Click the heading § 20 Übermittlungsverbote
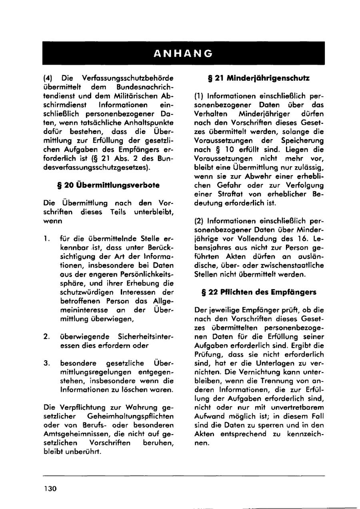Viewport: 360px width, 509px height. [109, 185]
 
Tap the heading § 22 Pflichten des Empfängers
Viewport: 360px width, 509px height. [259, 292]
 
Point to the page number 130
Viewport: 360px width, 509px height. [50, 489]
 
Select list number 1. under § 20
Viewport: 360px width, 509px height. [47, 238]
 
